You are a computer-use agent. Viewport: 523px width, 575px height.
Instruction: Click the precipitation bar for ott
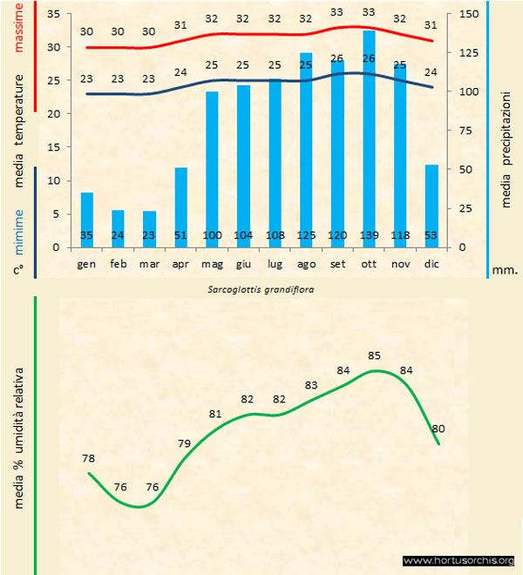370,139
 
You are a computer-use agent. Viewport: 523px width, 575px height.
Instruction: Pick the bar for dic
431,206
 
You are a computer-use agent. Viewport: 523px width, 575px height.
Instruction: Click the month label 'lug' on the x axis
275,263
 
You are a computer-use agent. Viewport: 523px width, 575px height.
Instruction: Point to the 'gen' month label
86,263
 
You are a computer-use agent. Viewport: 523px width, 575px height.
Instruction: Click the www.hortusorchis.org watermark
458,560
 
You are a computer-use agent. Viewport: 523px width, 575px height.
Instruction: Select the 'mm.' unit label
506,270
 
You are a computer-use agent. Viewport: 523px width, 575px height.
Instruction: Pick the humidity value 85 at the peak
375,355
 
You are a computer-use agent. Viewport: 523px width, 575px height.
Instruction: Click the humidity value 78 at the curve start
88,458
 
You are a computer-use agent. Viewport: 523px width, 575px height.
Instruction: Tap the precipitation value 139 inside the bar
370,236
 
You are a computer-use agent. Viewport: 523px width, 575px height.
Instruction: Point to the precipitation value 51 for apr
180,236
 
